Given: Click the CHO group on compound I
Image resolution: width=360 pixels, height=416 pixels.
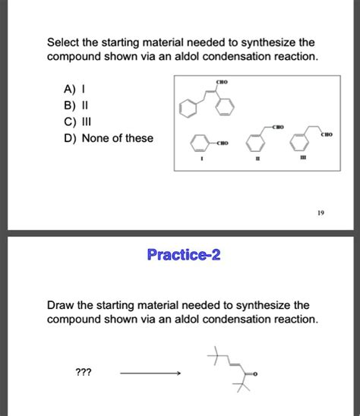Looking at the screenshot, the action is coord(222,143).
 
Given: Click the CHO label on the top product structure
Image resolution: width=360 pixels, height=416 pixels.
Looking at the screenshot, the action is coord(222,81).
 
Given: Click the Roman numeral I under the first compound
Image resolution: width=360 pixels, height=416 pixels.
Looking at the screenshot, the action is coord(201,161).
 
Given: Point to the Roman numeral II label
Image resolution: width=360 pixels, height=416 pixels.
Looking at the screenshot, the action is coord(257,161).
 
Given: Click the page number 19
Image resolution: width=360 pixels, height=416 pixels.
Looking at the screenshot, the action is coord(323,214).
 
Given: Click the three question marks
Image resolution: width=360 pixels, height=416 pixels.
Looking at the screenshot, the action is coord(84,373).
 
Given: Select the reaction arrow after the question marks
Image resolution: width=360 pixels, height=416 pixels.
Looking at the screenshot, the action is coord(150,373).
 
